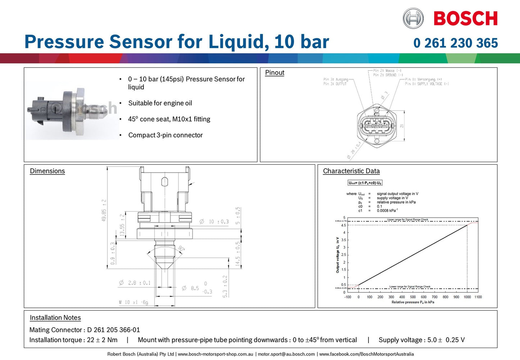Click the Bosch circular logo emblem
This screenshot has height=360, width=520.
point(413,18)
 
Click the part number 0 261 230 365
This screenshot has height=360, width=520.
point(456,43)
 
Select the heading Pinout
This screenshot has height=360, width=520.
point(275,73)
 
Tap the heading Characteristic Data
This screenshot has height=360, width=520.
point(351,171)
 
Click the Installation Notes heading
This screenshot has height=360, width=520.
point(55,318)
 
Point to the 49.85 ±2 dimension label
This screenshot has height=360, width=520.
point(104,210)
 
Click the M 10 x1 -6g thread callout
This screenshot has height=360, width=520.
point(134,302)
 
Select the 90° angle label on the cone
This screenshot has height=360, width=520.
point(181,249)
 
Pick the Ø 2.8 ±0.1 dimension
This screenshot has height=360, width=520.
point(135,283)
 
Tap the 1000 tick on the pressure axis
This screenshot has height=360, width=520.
point(467,297)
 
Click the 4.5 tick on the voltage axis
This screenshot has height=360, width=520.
point(344,225)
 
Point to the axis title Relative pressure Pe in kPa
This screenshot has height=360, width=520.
point(413,302)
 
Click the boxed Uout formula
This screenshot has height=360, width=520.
point(365,183)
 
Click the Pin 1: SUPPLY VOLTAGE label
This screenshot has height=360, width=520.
point(427,84)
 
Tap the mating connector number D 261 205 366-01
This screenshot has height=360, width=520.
point(113,330)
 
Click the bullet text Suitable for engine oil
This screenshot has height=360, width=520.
point(160,103)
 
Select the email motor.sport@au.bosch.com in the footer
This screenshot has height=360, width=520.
point(286,354)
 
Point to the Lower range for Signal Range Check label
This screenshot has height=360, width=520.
point(410,287)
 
